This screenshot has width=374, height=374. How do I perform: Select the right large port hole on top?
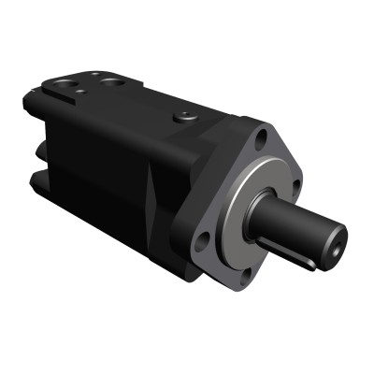(116, 82)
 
